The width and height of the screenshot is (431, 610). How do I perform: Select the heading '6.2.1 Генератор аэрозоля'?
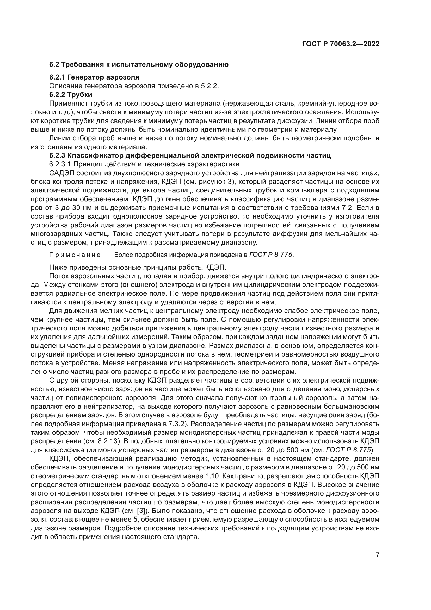click(x=94, y=77)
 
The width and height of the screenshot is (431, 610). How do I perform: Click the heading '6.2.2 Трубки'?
click(x=71, y=95)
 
